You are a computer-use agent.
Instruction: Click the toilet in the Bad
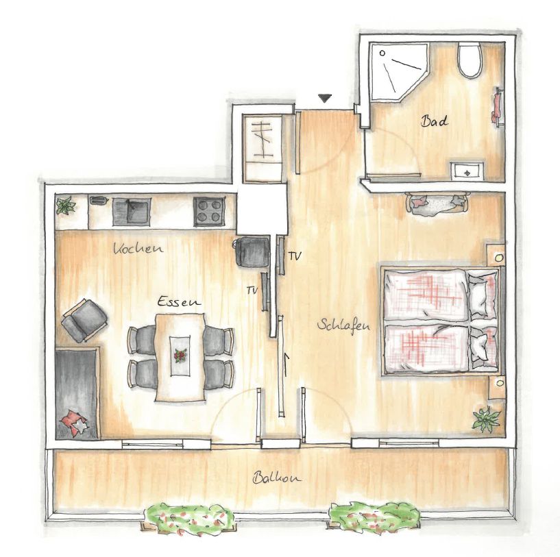pyautogui.click(x=470, y=60)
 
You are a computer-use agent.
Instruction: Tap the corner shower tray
pyautogui.click(x=397, y=71)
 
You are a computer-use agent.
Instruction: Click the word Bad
pyautogui.click(x=434, y=121)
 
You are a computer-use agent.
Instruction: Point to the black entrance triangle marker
pyautogui.click(x=325, y=98)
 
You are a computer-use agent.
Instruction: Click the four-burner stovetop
pyautogui.click(x=209, y=212)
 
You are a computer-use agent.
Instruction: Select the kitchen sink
pyautogui.click(x=131, y=212)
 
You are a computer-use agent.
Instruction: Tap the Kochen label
pyautogui.click(x=138, y=248)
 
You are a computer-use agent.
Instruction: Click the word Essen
pyautogui.click(x=179, y=301)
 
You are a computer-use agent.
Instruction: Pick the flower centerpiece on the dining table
pyautogui.click(x=180, y=356)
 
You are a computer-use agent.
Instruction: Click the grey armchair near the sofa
pyautogui.click(x=84, y=320)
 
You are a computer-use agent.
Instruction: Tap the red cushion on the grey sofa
pyautogui.click(x=74, y=423)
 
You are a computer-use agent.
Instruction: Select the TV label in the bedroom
pyautogui.click(x=295, y=256)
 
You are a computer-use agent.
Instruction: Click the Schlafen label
pyautogui.click(x=343, y=326)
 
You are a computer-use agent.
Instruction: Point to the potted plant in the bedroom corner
pyautogui.click(x=486, y=419)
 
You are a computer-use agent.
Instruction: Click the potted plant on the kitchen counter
pyautogui.click(x=65, y=206)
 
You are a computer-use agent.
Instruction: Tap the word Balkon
pyautogui.click(x=277, y=478)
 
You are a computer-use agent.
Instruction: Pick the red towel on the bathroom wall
pyautogui.click(x=496, y=106)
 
